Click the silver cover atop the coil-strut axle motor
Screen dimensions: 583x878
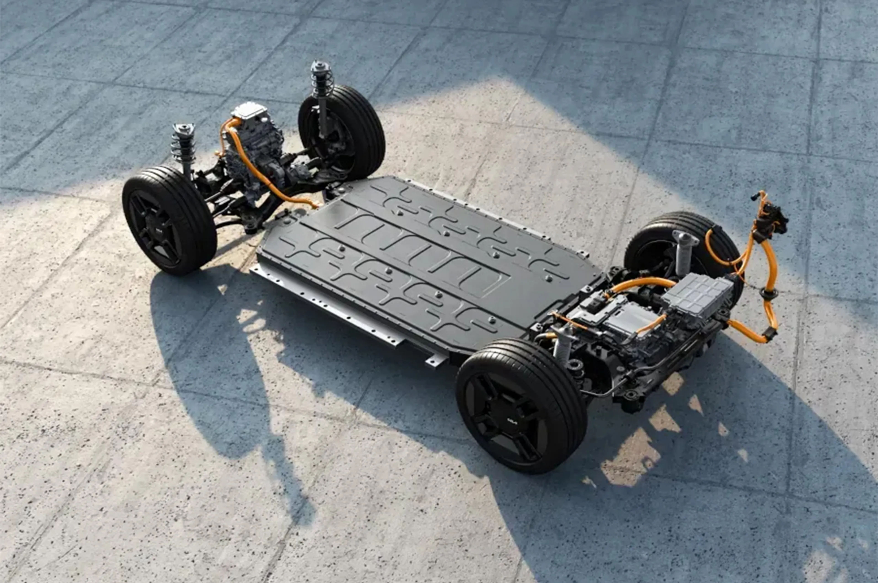pos(249,110)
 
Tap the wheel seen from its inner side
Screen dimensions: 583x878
pos(340,132)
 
